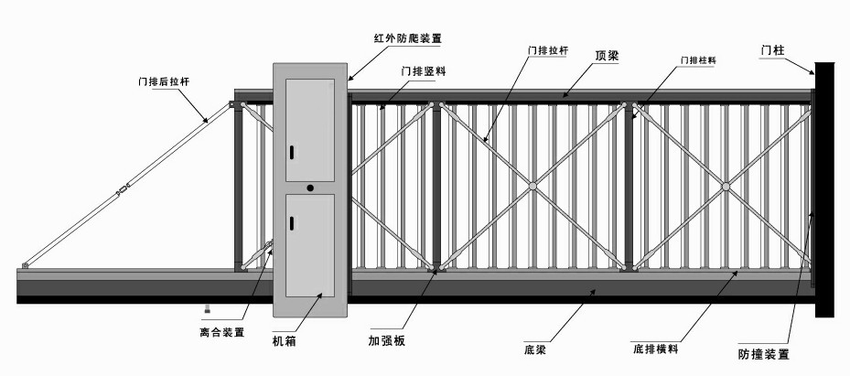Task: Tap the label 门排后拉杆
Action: click(x=163, y=81)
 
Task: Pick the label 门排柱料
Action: click(x=696, y=60)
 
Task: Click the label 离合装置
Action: click(x=221, y=332)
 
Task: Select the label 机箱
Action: click(x=284, y=341)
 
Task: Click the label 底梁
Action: click(x=536, y=349)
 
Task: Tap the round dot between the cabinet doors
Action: click(x=310, y=188)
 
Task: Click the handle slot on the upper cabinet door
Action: click(x=292, y=152)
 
